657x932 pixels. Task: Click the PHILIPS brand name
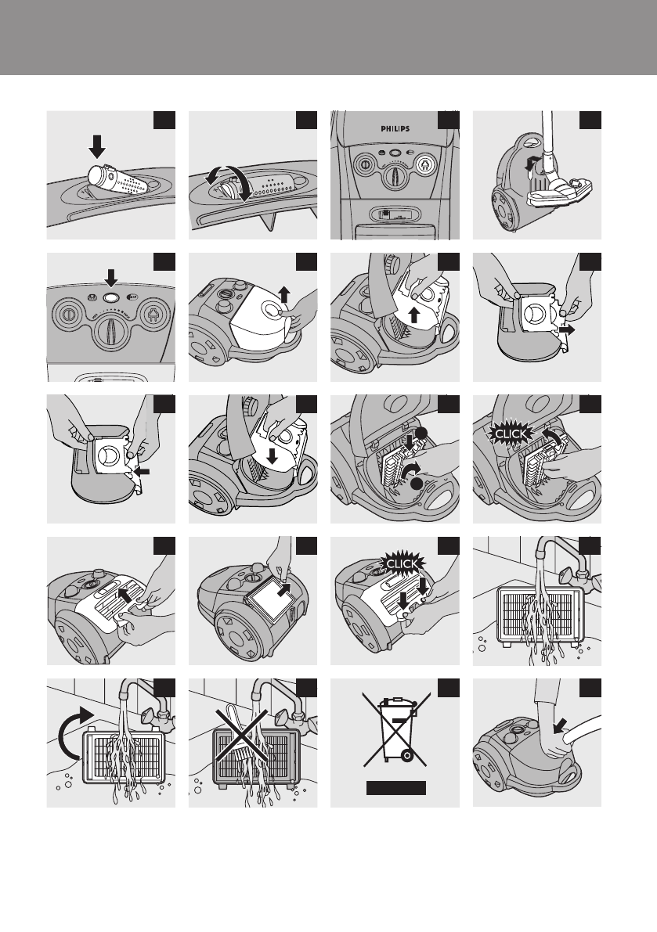tap(395, 128)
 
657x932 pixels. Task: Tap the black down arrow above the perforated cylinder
tap(97, 146)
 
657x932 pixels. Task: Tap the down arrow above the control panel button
tap(110, 278)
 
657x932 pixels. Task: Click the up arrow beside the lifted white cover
tap(284, 294)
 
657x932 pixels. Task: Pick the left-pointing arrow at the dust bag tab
tap(142, 471)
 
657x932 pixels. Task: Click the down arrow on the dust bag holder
tap(272, 456)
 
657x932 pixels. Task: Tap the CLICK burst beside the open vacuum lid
tap(510, 434)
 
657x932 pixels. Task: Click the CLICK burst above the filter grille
tap(403, 563)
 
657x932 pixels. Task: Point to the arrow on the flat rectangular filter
tap(285, 588)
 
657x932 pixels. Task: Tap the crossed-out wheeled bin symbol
tap(395, 729)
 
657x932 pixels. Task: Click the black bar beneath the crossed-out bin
tap(396, 788)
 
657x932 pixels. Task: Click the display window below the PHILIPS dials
tap(394, 214)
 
